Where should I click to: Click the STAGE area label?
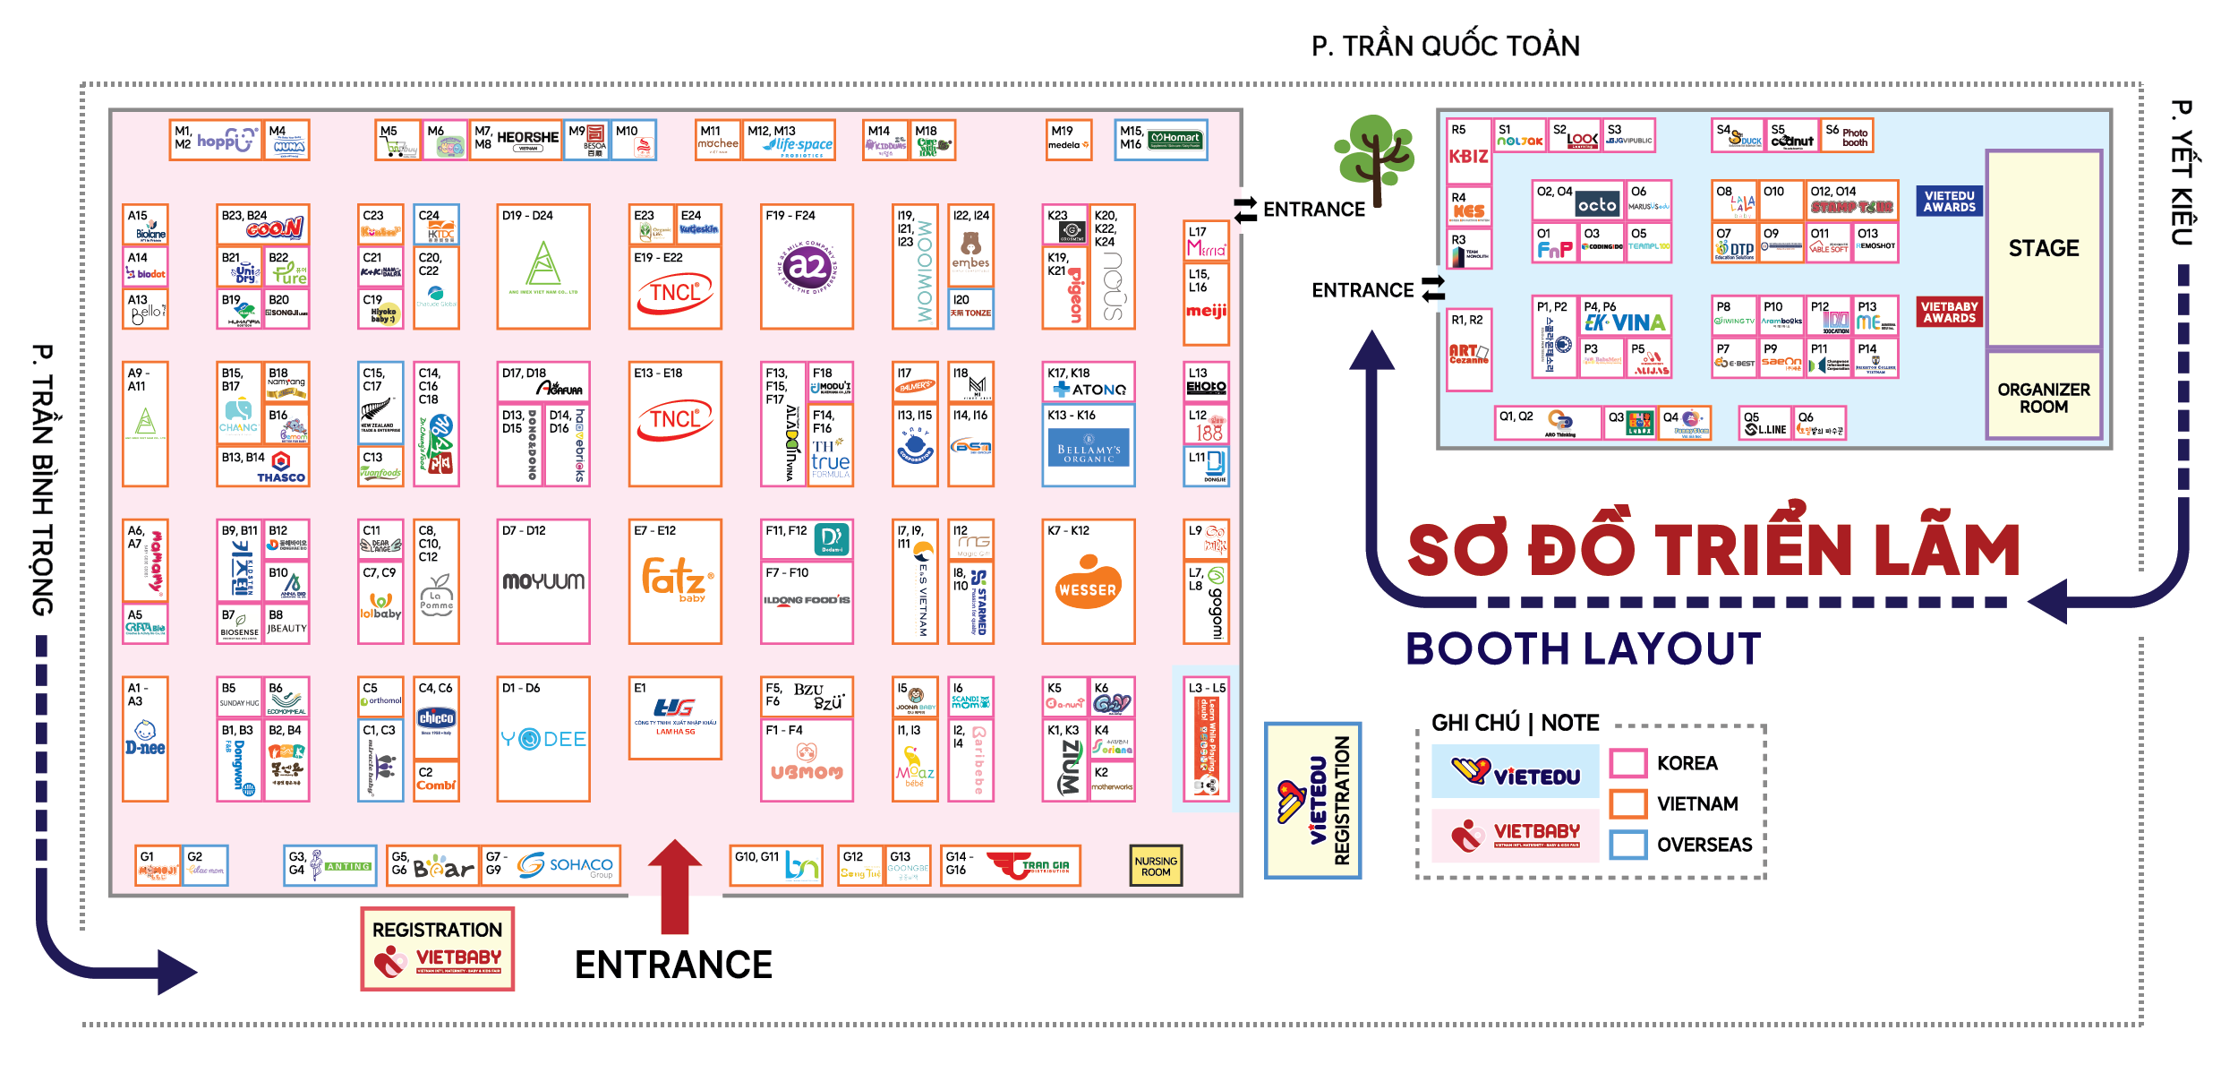(x=2043, y=248)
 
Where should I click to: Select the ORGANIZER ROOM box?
(x=2043, y=397)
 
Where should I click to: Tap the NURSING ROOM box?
(x=1155, y=865)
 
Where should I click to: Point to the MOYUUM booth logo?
(x=543, y=581)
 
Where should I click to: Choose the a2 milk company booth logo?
(x=807, y=266)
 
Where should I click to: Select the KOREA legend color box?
(x=1628, y=763)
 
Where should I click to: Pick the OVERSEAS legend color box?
(x=1628, y=845)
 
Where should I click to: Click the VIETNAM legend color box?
(x=1628, y=803)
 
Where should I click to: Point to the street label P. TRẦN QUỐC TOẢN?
(x=1445, y=46)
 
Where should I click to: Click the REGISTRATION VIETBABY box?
(x=437, y=949)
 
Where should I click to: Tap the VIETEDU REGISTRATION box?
(x=1312, y=800)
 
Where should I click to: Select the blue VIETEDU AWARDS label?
(x=1949, y=201)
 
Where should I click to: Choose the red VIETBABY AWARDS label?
(x=1949, y=312)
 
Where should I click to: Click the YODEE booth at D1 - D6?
(x=543, y=739)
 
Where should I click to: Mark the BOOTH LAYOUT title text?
(x=1583, y=648)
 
